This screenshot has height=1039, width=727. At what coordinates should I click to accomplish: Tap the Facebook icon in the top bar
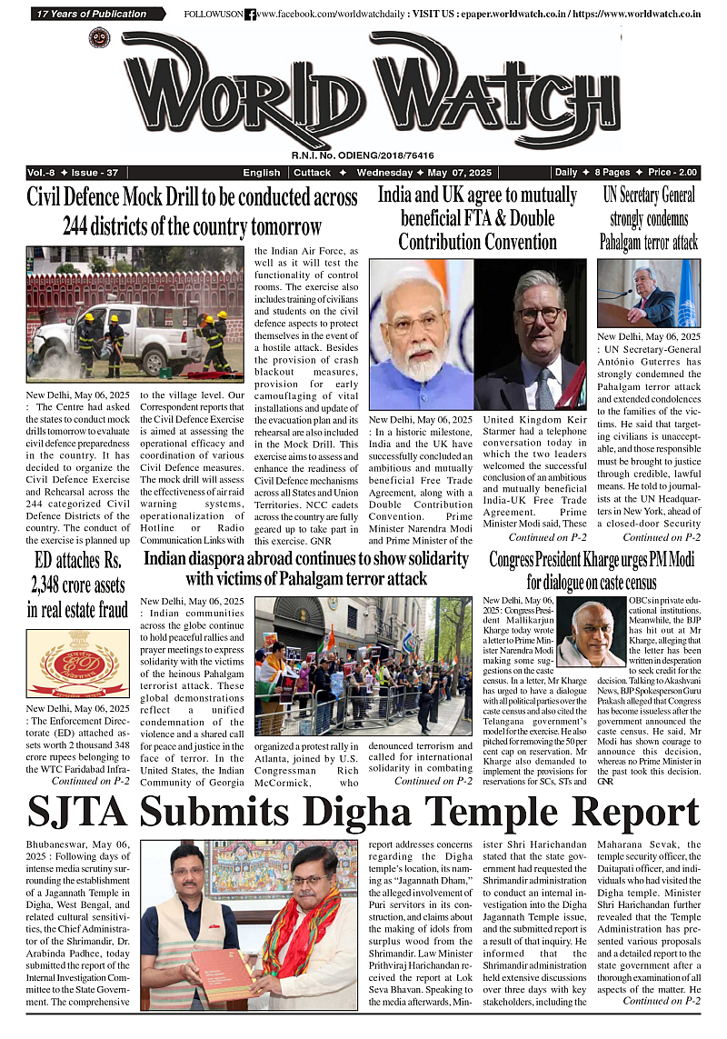pyautogui.click(x=250, y=15)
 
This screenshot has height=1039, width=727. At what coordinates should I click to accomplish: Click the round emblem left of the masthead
pyautogui.click(x=99, y=38)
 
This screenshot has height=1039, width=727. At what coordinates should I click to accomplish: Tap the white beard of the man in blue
pyautogui.click(x=420, y=364)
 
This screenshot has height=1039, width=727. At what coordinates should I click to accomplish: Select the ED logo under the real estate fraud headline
pyautogui.click(x=77, y=664)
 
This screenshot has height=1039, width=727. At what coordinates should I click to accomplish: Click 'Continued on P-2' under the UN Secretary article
pyautogui.click(x=661, y=537)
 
